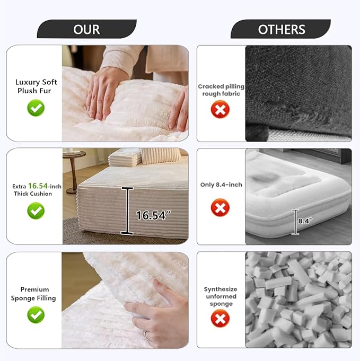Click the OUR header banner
pos(86,29)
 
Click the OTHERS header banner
pos(281,29)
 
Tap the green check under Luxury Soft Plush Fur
pos(36,108)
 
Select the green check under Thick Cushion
pos(36,210)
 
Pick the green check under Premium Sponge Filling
pos(36,315)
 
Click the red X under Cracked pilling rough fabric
pos(220,109)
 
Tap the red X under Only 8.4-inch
pos(220,208)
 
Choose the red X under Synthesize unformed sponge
pos(220,319)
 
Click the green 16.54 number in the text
pos(38,186)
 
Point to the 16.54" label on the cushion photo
pos(153,216)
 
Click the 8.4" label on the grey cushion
pos(305,221)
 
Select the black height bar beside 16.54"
pos(127,211)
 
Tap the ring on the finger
pos(146,335)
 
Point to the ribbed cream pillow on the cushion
pos(161,156)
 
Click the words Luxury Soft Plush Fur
pos(36,86)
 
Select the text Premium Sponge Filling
pos(33,294)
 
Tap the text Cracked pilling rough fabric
pos(221,90)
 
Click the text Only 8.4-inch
pos(221,184)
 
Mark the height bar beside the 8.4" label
pos(295,222)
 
